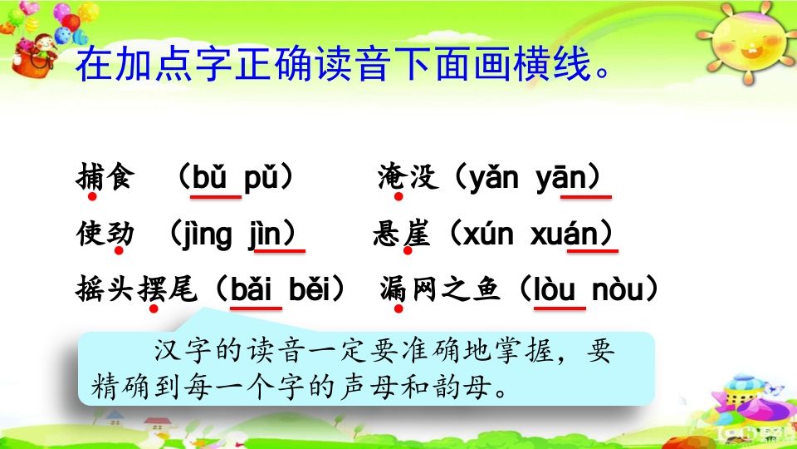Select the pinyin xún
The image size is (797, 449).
tap(487, 235)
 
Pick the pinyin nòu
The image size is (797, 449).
tap(620, 290)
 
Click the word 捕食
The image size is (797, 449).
tap(104, 178)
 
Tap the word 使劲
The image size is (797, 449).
tap(104, 234)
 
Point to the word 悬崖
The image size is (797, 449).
tap(402, 234)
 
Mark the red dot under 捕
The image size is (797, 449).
tap(92, 196)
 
